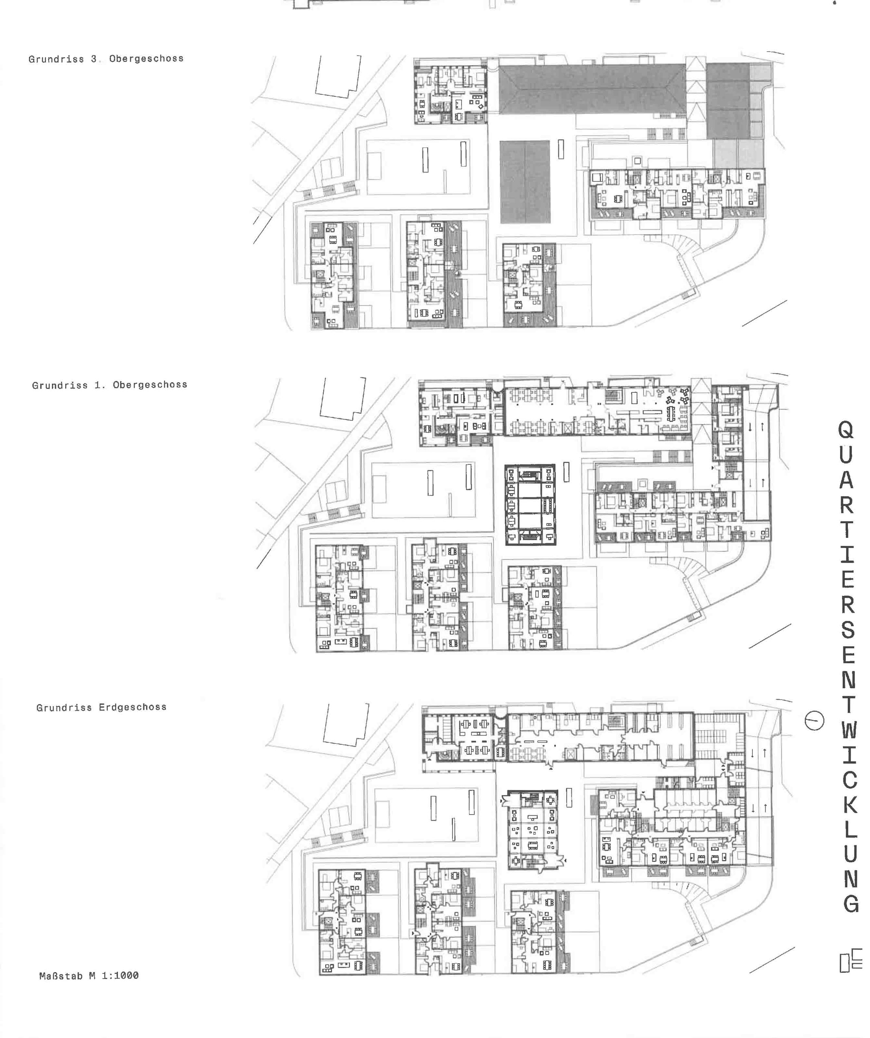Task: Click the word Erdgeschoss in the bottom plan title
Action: pos(133,707)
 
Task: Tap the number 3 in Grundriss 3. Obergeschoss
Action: pos(93,59)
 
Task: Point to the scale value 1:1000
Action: pos(120,975)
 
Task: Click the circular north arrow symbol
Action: pos(814,720)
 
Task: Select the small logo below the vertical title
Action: pos(851,961)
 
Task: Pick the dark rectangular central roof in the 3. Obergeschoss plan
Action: pos(525,182)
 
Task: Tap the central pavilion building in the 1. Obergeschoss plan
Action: pos(530,504)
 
